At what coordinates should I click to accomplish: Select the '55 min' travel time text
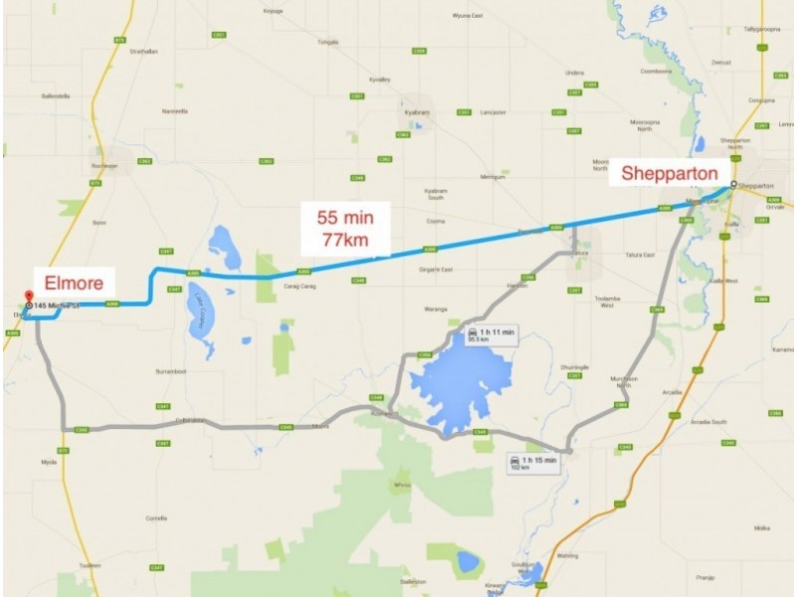341,216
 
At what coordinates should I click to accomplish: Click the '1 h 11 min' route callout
492,334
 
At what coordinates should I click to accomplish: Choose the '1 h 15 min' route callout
533,464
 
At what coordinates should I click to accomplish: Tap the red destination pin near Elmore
28,297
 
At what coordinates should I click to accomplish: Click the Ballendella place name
56,97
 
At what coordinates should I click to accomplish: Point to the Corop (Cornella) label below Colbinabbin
156,518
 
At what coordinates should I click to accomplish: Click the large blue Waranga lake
460,383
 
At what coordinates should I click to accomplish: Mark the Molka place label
762,527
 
